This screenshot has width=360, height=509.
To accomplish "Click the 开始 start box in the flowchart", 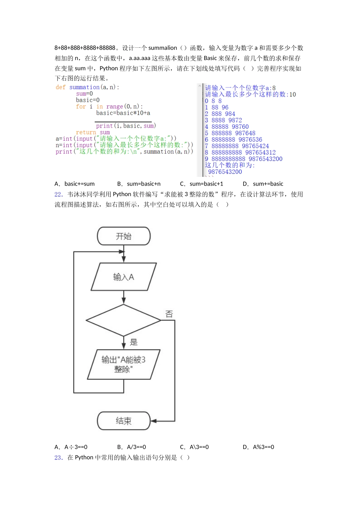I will [124, 236].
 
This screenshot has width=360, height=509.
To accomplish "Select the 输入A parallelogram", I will [124, 277].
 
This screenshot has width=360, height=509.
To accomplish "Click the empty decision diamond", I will [124, 320].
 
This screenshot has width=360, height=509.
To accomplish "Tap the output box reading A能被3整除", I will [124, 364].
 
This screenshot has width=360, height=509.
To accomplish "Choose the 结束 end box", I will [124, 421].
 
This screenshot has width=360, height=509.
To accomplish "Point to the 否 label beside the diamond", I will [169, 314].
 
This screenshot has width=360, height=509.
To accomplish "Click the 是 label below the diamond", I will [134, 342].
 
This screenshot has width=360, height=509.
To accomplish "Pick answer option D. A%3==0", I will [258, 447].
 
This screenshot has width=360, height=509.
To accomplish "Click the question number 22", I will [58, 194].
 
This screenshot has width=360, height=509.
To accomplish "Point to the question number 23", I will [58, 457].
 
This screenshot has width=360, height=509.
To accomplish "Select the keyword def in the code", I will [61, 87].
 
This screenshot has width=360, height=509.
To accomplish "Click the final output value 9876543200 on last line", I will [225, 172].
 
